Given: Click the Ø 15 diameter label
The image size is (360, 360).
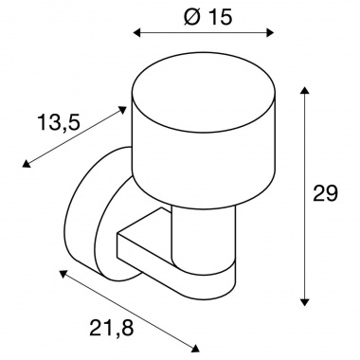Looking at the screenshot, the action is (x=207, y=16).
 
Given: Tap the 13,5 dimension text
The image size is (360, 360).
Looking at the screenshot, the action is (x=59, y=122).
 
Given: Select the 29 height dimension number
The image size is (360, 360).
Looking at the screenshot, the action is (x=325, y=193).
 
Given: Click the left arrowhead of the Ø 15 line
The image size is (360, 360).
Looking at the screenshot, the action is (x=136, y=32).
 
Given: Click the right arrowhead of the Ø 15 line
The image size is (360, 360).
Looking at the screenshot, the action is (x=270, y=32).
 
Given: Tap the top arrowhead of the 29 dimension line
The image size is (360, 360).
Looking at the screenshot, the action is (x=304, y=90).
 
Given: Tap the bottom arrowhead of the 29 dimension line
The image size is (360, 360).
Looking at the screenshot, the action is (x=304, y=301).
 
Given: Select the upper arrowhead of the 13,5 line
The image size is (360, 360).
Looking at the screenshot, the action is (x=122, y=110).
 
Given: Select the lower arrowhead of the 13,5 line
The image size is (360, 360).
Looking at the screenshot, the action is (x=26, y=163).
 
